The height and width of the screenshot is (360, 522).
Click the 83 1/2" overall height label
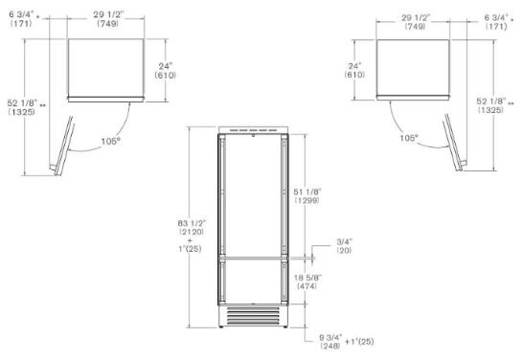tap(192, 223)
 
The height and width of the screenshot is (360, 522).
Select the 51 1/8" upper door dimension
tap(306, 192)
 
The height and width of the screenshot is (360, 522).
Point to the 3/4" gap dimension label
tap(344, 242)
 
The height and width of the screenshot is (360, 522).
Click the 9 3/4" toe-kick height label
tap(330, 338)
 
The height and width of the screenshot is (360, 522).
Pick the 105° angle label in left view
tap(110, 142)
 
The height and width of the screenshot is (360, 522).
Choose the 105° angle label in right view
tap(409, 138)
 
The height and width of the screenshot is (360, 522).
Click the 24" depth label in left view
tap(166, 66)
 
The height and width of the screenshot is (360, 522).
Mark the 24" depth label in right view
tap(354, 66)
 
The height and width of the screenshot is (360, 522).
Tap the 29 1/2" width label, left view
tap(108, 15)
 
